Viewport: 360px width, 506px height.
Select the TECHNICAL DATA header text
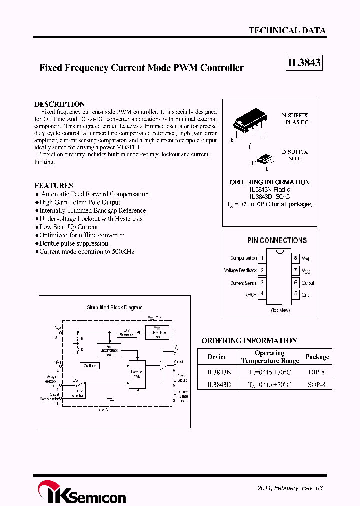[287, 30]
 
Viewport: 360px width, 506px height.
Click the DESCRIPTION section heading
[59, 104]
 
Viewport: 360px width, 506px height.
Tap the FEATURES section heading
[53, 185]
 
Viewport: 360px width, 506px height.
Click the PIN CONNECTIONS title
[277, 240]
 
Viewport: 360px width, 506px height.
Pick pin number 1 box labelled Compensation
[262, 258]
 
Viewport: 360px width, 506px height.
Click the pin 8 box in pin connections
[296, 258]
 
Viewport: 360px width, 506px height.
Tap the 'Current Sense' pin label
[243, 283]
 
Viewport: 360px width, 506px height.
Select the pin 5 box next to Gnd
[296, 294]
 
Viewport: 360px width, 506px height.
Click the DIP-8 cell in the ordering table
[317, 372]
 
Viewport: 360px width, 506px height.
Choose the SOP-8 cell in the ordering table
[317, 385]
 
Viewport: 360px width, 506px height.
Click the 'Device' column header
[217, 357]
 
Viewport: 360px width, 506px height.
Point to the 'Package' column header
[317, 357]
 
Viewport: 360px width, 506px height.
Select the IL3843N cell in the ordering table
[218, 372]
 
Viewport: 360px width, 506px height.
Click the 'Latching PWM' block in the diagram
[137, 374]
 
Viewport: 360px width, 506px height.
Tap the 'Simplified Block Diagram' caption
[114, 308]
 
